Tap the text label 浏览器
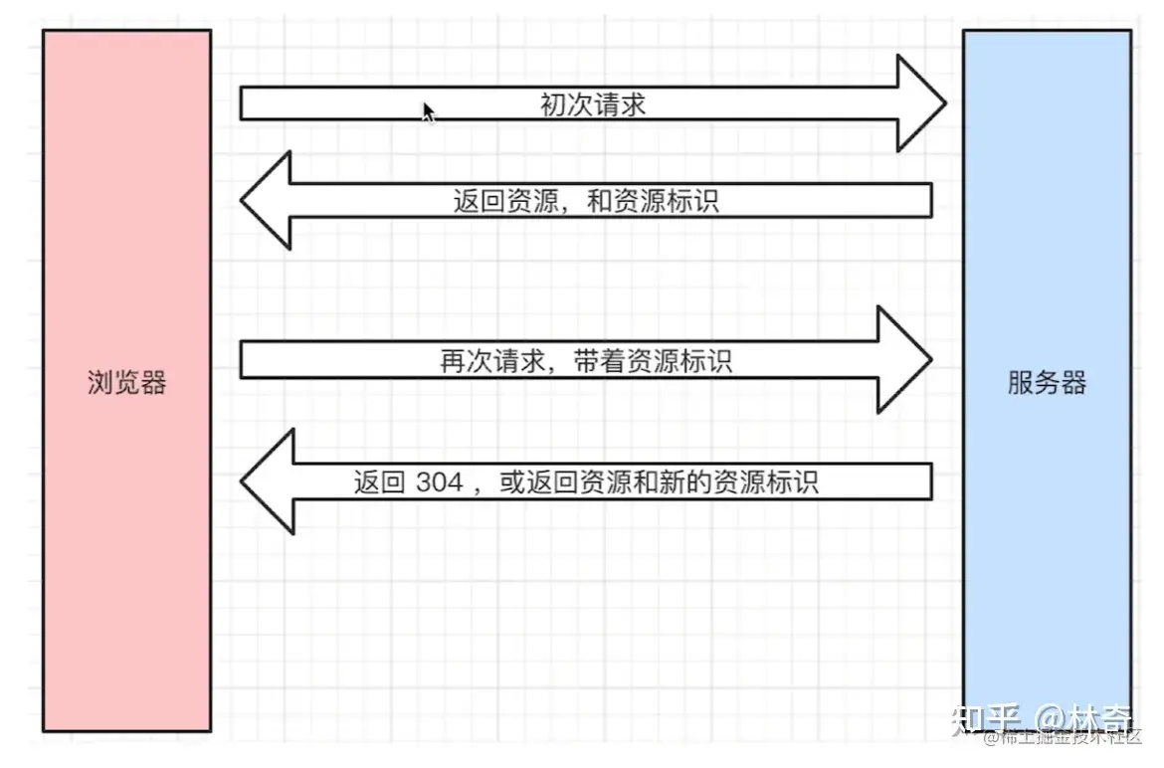[x=126, y=383]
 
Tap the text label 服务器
[x=1047, y=383]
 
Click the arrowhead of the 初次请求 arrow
[x=921, y=103]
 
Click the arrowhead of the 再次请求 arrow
[x=904, y=360]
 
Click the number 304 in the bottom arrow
[x=440, y=482]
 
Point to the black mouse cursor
[x=428, y=111]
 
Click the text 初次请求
[x=593, y=103]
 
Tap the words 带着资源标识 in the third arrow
[x=653, y=360]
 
